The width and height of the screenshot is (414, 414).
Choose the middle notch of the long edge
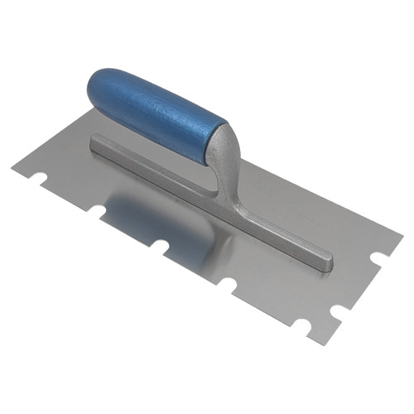coord(159,246)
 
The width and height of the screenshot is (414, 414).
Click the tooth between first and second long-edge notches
coord(70,197)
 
